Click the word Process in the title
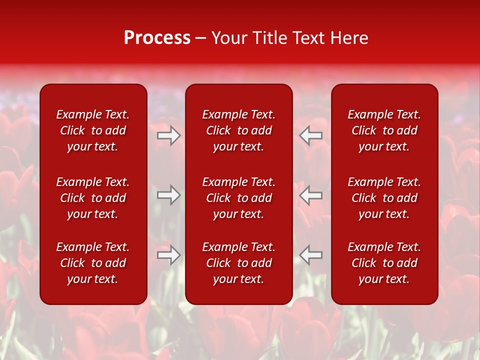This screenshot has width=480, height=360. (157, 38)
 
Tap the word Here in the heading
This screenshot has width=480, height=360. (350, 38)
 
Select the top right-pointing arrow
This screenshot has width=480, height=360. (168, 135)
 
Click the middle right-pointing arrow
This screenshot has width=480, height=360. (168, 195)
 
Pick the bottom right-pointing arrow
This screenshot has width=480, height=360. (168, 255)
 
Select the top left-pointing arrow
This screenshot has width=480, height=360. (311, 135)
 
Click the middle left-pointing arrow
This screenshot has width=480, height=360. (311, 195)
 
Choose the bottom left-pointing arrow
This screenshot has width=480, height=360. (311, 255)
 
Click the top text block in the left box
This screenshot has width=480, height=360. (93, 130)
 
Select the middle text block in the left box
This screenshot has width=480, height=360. (93, 198)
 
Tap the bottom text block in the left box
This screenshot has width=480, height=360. (93, 263)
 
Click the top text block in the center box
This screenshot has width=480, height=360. (239, 130)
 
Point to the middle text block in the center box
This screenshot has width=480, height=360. (239, 198)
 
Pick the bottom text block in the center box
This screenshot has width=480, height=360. (239, 263)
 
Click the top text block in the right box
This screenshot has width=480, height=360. (384, 130)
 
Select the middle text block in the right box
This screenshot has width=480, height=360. (384, 198)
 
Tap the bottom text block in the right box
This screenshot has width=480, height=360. (384, 263)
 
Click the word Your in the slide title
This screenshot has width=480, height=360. (229, 38)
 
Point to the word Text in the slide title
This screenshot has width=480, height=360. (310, 38)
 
